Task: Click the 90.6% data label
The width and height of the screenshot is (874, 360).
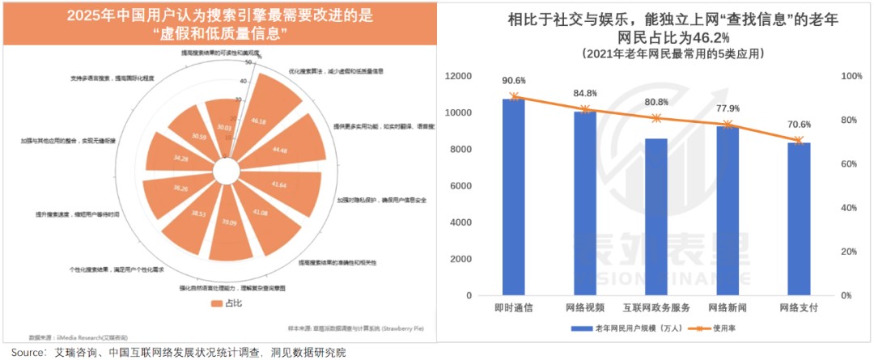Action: click(513, 81)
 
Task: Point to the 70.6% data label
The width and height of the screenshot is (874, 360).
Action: click(799, 125)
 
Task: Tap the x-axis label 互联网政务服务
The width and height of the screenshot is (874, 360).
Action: click(655, 308)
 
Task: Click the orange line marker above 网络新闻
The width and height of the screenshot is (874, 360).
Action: click(727, 125)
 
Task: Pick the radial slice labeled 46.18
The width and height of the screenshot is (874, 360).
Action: click(259, 121)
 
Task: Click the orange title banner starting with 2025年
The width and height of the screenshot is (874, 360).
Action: click(218, 24)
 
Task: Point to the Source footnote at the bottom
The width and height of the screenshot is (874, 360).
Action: click(178, 353)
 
